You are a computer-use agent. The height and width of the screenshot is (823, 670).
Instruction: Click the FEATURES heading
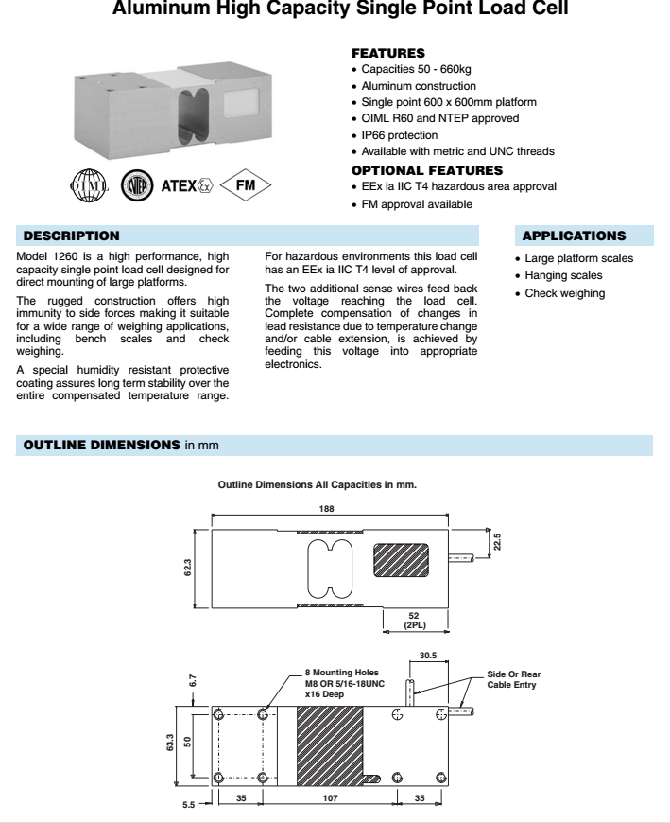pyautogui.click(x=387, y=54)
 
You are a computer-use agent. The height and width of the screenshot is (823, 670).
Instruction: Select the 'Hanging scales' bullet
pyautogui.click(x=563, y=276)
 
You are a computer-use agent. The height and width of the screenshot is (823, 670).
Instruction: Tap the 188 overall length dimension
pyautogui.click(x=326, y=509)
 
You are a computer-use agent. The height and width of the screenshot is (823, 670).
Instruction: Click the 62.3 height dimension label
pyautogui.click(x=187, y=566)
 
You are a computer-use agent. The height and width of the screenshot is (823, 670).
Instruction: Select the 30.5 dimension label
pyautogui.click(x=428, y=654)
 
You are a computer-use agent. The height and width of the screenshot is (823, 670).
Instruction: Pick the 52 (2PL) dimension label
pyautogui.click(x=413, y=621)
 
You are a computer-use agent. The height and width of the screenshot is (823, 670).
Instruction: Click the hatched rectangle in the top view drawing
pyautogui.click(x=400, y=560)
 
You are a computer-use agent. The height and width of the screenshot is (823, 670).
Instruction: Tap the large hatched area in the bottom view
pyautogui.click(x=330, y=746)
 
